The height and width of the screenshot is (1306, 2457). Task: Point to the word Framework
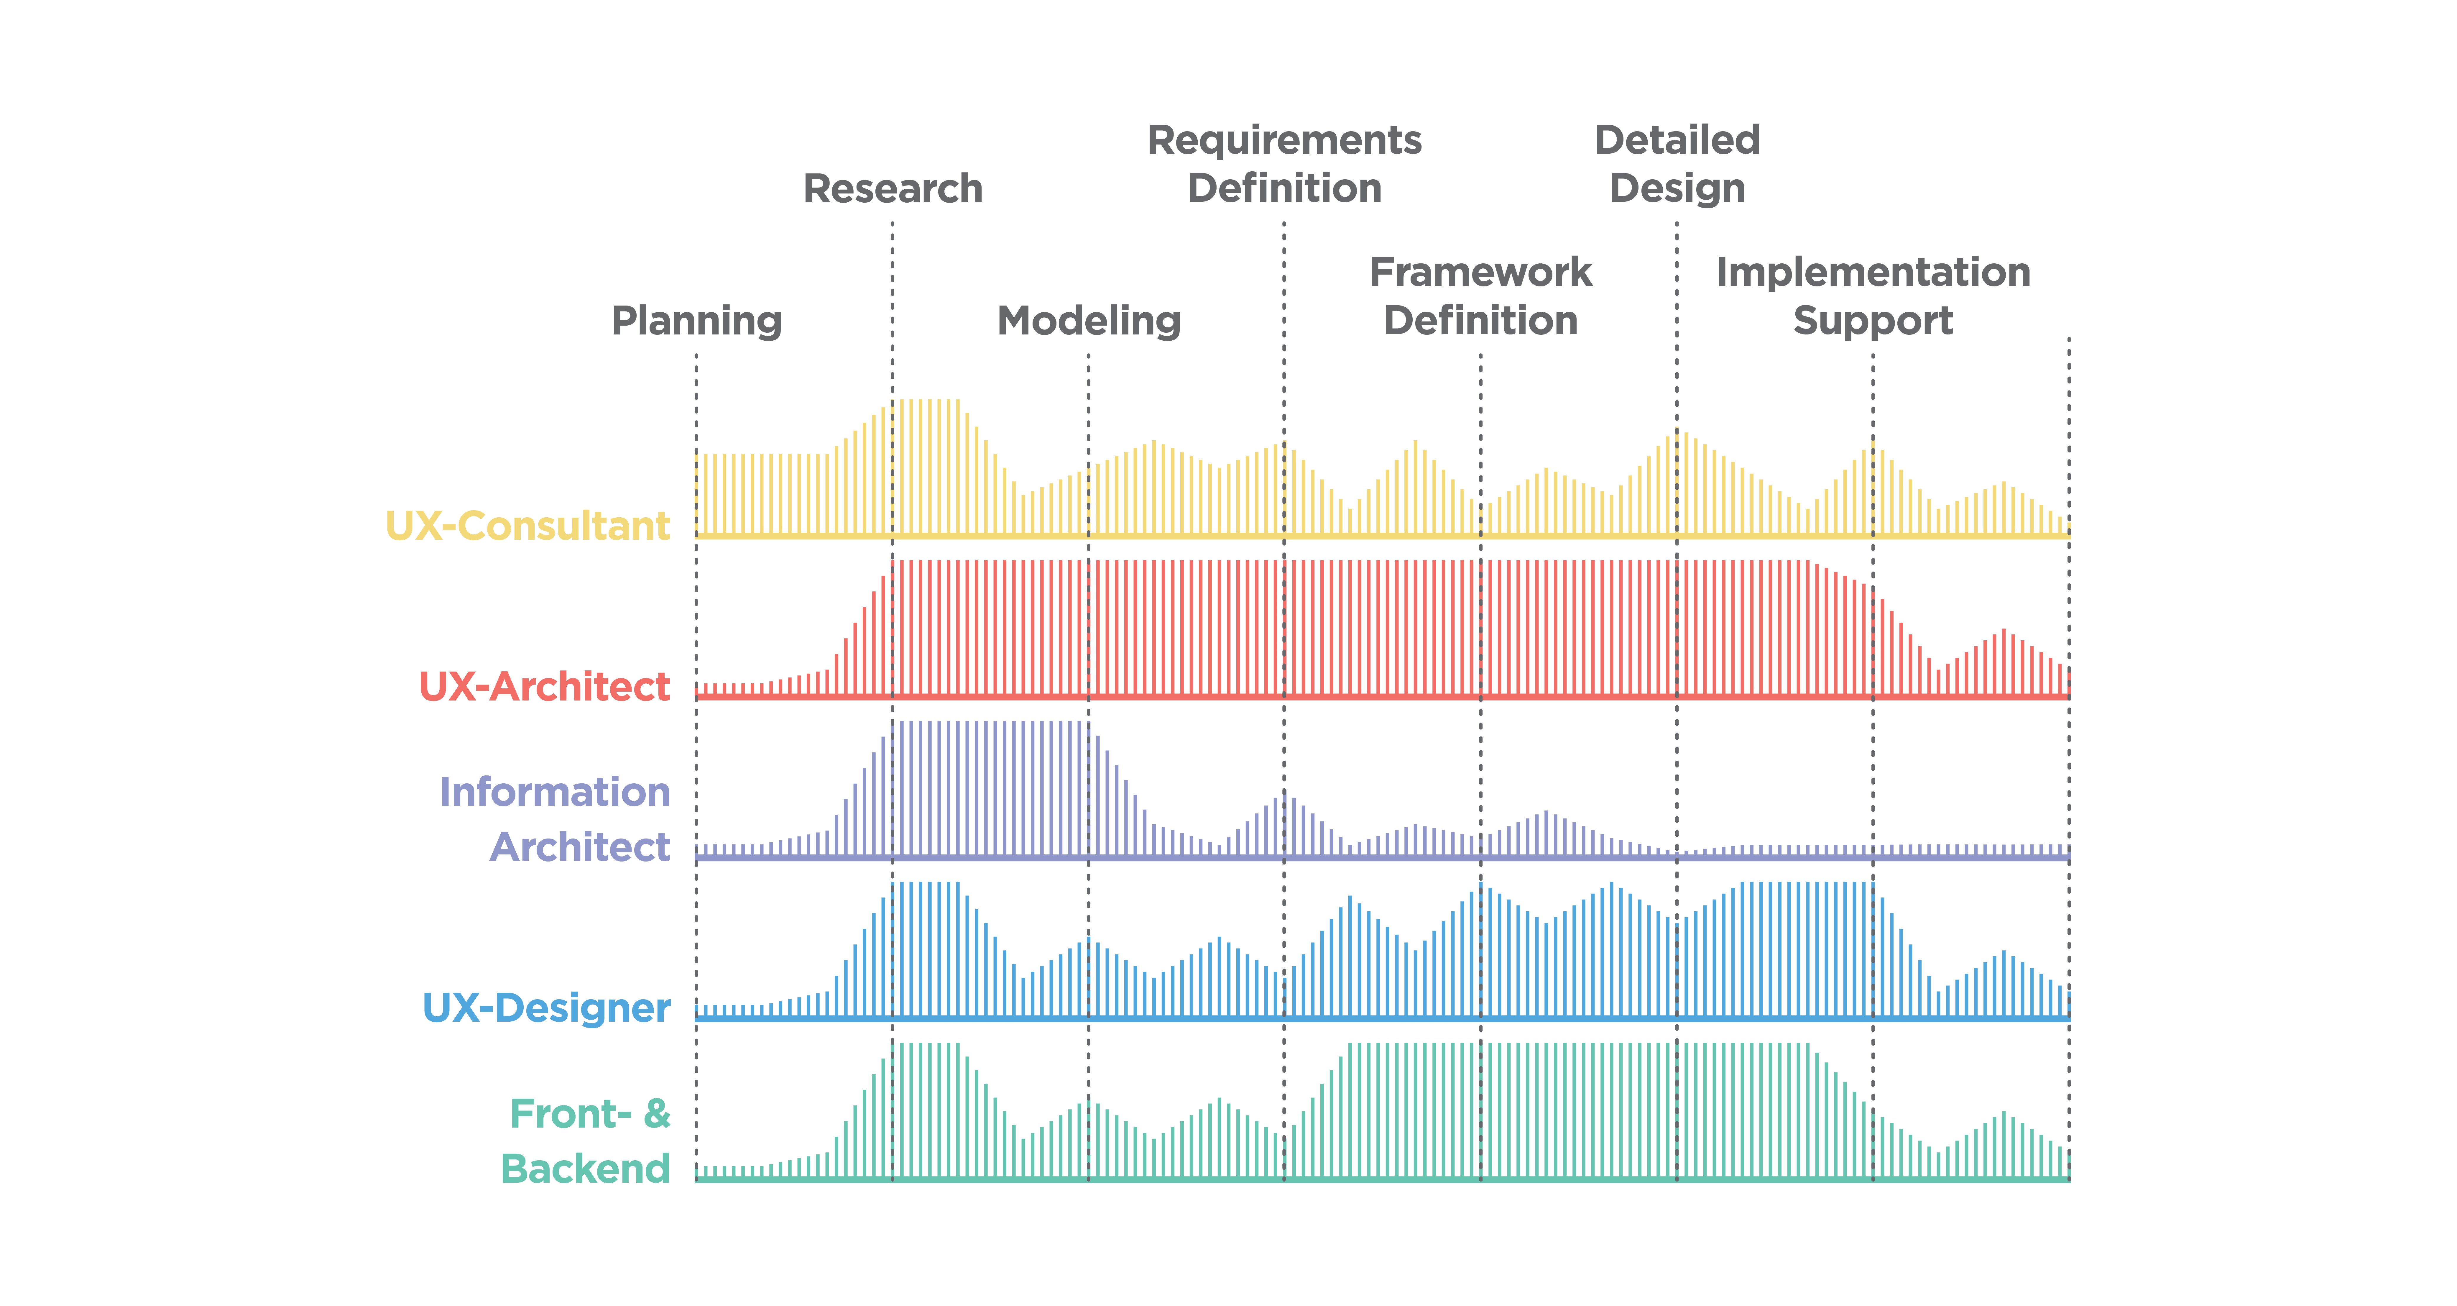1480,272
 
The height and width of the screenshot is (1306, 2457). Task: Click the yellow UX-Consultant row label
527,526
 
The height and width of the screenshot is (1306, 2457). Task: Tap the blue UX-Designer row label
547,1008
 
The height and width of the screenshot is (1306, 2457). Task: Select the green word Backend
586,1169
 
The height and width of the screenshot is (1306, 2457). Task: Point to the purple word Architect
580,847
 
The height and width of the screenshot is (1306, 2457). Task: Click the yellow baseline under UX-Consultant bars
1382,536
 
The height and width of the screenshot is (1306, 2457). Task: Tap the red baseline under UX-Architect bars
1382,697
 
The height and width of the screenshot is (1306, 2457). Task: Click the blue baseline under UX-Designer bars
1382,1019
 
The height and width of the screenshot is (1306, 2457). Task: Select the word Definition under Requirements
1284,188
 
